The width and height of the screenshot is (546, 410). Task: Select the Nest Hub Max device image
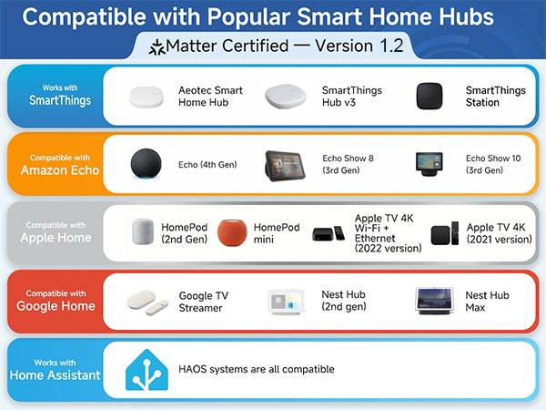tap(433, 301)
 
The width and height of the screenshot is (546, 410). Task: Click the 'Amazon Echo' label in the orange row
tap(54, 170)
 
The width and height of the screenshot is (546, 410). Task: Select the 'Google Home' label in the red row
tap(54, 305)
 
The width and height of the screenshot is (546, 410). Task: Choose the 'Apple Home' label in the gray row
tap(54, 238)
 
